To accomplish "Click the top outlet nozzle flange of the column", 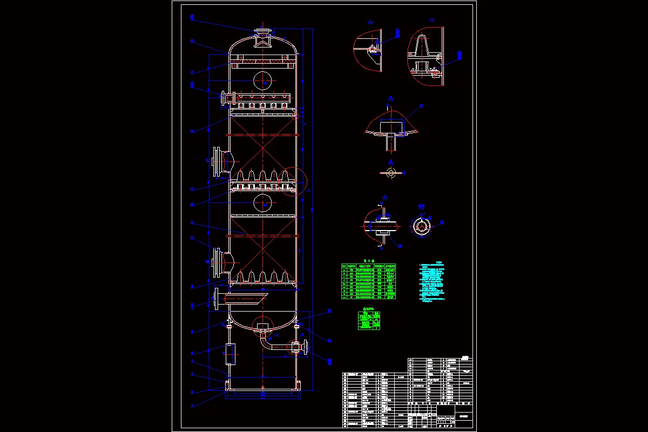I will click(x=262, y=31).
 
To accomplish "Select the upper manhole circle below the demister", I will click(x=262, y=80).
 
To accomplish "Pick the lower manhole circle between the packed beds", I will click(x=262, y=202).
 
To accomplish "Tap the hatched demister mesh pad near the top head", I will click(x=262, y=64).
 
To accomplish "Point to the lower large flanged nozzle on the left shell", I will click(x=219, y=263).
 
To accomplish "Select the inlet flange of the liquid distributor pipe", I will click(x=222, y=99).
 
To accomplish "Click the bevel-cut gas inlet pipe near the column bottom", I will click(x=243, y=297).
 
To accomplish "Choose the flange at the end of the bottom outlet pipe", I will click(x=306, y=347).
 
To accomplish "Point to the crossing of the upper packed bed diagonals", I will click(x=262, y=147).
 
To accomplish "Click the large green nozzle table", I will click(x=368, y=281).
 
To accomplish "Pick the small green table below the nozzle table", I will click(x=370, y=319).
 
